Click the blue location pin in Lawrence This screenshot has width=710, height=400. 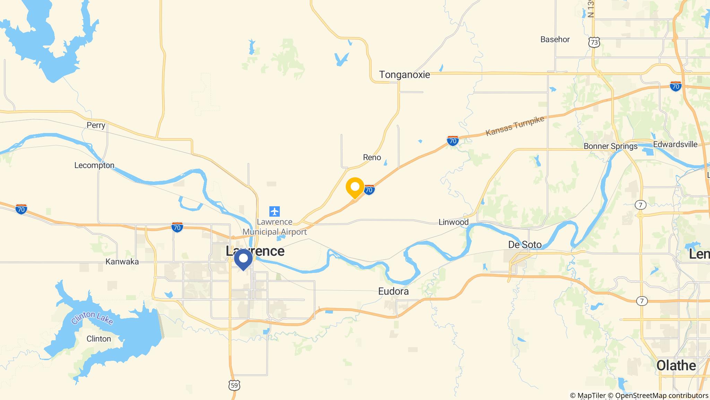243,259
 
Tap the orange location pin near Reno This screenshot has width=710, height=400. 355,187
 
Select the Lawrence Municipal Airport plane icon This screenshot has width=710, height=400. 275,211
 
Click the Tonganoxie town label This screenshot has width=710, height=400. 404,75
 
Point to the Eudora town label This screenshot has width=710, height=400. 393,291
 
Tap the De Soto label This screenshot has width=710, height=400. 525,245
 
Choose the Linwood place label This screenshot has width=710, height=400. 453,222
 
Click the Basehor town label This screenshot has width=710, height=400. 555,40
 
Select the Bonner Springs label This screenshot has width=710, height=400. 611,146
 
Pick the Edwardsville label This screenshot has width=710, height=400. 675,144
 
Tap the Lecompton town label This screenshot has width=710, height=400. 94,165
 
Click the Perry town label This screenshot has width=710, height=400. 96,125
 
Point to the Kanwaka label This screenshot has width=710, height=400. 122,262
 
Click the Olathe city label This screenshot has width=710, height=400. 676,366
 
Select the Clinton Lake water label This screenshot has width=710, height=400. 93,318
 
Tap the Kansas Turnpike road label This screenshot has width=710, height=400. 515,126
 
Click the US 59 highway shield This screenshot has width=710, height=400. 234,385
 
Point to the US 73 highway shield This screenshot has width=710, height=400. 594,42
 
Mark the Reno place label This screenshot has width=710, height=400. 372,158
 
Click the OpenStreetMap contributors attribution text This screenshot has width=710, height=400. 661,395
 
